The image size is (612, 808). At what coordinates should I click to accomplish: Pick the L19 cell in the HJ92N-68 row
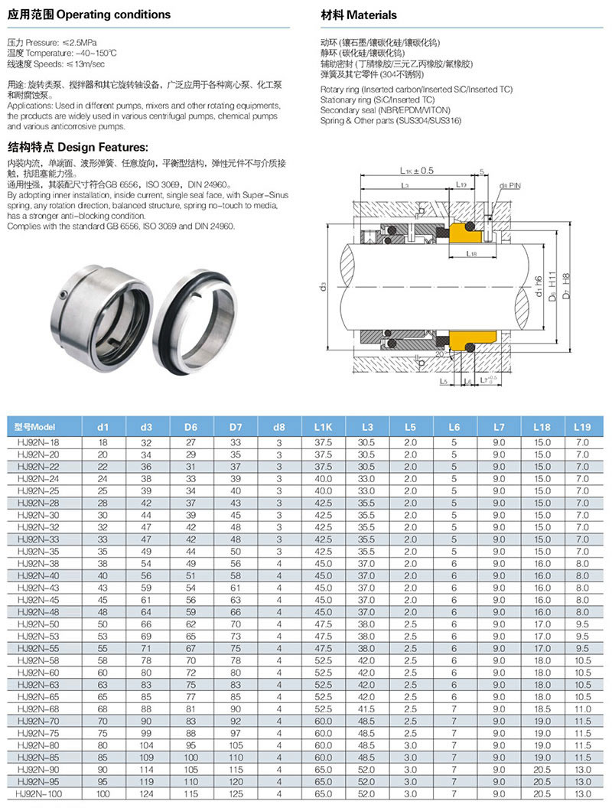[583, 710]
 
